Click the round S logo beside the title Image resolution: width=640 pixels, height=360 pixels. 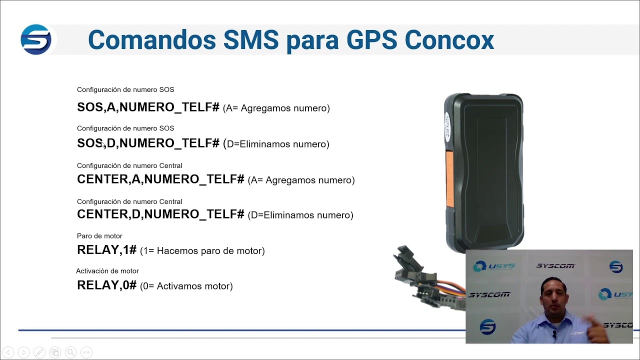pyautogui.click(x=36, y=39)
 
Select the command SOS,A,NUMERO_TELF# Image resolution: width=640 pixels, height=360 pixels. pyautogui.click(x=148, y=107)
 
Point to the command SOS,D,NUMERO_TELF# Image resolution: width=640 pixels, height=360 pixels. pyautogui.click(x=148, y=143)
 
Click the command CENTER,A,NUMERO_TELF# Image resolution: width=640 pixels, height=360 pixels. pyautogui.click(x=160, y=179)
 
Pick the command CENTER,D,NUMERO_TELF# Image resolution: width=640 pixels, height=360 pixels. pyautogui.click(x=160, y=214)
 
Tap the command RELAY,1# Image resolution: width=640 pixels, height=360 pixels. pyautogui.click(x=106, y=250)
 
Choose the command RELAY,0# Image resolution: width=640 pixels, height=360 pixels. pyautogui.click(x=106, y=285)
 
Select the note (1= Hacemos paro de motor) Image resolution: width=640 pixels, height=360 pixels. pyautogui.click(x=202, y=251)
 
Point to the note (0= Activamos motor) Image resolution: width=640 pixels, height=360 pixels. pyautogui.click(x=186, y=286)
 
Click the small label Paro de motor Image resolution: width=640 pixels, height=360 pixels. pyautogui.click(x=99, y=236)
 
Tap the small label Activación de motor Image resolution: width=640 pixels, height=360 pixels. pyautogui.click(x=107, y=271)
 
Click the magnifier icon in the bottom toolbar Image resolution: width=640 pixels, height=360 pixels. pyautogui.click(x=70, y=352)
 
